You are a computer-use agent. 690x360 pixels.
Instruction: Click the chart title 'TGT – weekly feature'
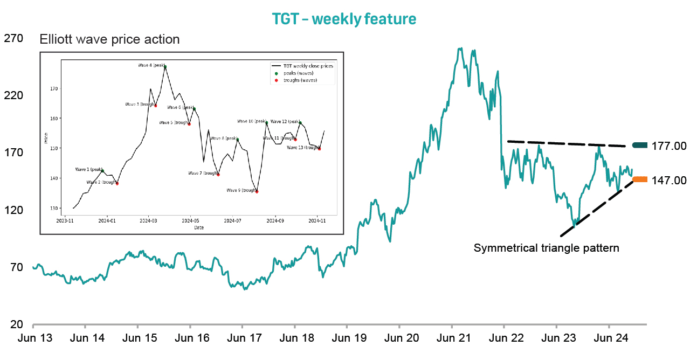[344, 19]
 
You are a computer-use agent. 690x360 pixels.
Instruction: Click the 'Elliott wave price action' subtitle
[109, 39]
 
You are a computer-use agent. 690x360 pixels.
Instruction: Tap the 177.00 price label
[668, 146]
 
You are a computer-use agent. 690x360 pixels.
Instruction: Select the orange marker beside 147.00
[640, 179]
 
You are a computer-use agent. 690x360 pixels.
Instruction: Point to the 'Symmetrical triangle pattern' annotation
[546, 248]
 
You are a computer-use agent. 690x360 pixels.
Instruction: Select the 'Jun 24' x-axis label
[609, 338]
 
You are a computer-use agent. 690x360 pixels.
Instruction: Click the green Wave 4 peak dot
[165, 67]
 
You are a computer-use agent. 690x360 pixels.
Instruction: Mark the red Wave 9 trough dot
[257, 191]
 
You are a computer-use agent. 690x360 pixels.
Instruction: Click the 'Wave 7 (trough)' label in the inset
[203, 174]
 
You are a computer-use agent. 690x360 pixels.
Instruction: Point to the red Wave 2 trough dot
[117, 183]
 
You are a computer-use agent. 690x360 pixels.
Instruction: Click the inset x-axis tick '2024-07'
[232, 220]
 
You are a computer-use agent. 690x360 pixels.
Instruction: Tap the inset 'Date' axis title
[199, 227]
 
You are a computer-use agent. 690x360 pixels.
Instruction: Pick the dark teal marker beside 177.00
[640, 145]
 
